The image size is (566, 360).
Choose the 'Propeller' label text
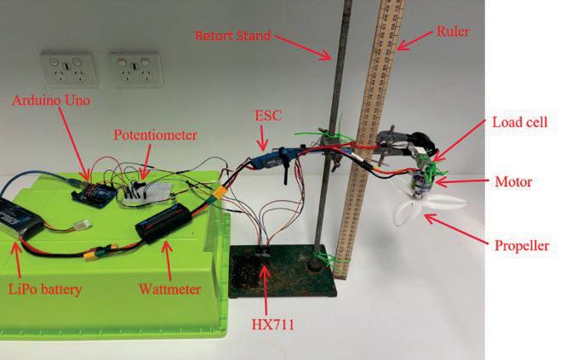(x=518, y=248)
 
